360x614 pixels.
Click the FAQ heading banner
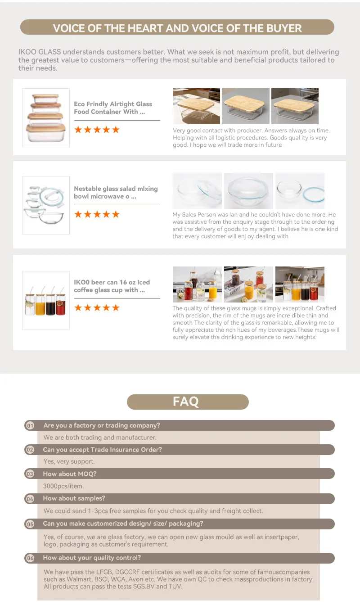(187, 402)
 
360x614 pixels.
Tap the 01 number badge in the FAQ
(30, 425)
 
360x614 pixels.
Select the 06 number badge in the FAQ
(30, 558)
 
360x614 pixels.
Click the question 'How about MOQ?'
(70, 474)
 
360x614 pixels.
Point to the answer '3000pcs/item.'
(63, 486)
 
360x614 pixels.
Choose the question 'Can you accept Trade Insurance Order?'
(102, 449)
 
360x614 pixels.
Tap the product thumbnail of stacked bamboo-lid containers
(46, 117)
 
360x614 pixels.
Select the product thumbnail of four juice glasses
(46, 300)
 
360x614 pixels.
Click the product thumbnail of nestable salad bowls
(46, 205)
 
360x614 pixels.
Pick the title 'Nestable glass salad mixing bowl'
(116, 193)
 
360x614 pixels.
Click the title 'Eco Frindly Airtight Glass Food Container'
(113, 108)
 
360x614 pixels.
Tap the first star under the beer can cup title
(78, 308)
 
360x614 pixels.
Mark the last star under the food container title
(116, 130)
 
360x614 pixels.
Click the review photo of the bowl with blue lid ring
(299, 191)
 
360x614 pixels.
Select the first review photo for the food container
(196, 106)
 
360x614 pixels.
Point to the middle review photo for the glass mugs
(248, 284)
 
